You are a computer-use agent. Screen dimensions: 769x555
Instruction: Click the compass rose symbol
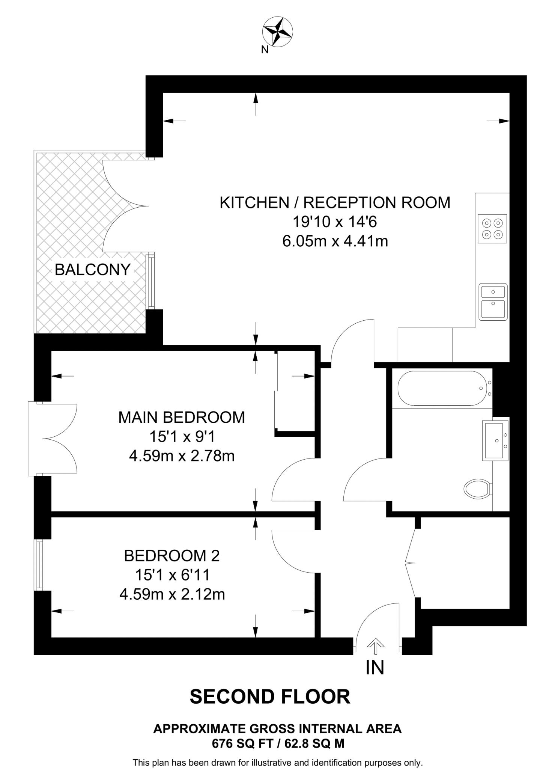pos(278,32)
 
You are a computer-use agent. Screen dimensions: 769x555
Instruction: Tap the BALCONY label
pos(92,270)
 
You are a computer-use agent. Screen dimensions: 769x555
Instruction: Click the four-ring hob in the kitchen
pos(492,229)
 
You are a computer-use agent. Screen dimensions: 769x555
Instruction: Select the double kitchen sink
pos(493,302)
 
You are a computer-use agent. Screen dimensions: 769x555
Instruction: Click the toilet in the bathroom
pos(477,489)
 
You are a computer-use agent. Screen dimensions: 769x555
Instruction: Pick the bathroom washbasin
pos(495,440)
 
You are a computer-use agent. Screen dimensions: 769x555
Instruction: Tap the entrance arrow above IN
pos(376,645)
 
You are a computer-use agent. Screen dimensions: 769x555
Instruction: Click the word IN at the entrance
pos(375,668)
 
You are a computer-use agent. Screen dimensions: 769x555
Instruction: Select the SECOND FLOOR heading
pos(270,697)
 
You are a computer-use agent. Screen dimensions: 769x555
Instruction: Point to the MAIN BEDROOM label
pos(182,417)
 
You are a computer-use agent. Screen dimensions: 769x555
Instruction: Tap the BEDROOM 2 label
pos(172,556)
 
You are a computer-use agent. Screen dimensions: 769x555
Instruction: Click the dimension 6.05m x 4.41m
pos(335,241)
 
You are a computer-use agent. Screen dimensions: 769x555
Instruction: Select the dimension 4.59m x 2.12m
pos(172,594)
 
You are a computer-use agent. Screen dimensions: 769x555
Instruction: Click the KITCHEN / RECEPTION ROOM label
pos(335,203)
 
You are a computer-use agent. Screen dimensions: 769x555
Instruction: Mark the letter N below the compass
pos(265,50)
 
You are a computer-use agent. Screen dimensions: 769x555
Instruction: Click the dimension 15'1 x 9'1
pos(182,437)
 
